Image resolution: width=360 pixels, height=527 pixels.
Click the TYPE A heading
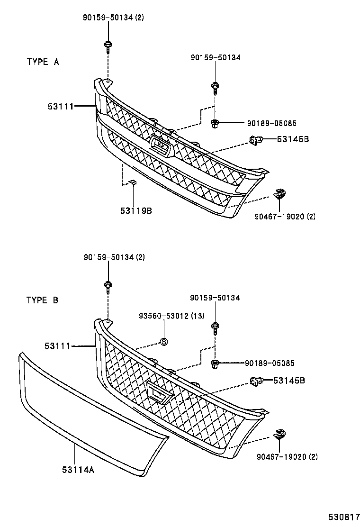tap(42, 62)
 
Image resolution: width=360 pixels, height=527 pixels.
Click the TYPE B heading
tap(42, 300)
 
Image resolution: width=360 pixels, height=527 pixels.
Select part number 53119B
tap(136, 210)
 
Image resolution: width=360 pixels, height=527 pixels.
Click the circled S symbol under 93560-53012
tap(164, 341)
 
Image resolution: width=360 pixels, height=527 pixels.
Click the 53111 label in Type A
tap(60, 107)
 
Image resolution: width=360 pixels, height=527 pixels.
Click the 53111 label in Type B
tap(58, 347)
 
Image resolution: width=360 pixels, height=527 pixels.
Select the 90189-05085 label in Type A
tap(271, 123)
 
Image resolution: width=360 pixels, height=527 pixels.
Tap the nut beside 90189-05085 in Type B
tap(215, 363)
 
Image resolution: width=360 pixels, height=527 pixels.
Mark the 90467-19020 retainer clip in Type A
tap(280, 194)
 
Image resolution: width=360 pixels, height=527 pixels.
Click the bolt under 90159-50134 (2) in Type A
tap(108, 46)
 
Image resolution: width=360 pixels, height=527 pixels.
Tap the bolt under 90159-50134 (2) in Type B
tap(108, 285)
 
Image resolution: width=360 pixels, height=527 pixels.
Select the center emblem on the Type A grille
tap(160, 145)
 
